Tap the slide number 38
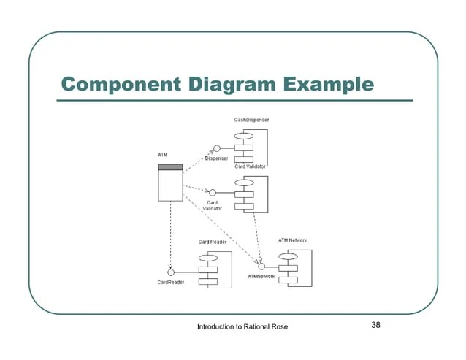coord(376,325)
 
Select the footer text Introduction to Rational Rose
coord(242,326)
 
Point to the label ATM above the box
coord(163,156)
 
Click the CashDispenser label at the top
coord(251,120)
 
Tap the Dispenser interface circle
coord(217,148)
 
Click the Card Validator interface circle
coord(217,194)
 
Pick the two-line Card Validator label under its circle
coord(213,206)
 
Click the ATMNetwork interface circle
coord(261,267)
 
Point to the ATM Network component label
coord(293,240)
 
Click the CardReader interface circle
coord(170,272)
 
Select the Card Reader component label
coord(213,242)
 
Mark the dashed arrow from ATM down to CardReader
coord(170,234)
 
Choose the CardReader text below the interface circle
coord(170,283)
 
